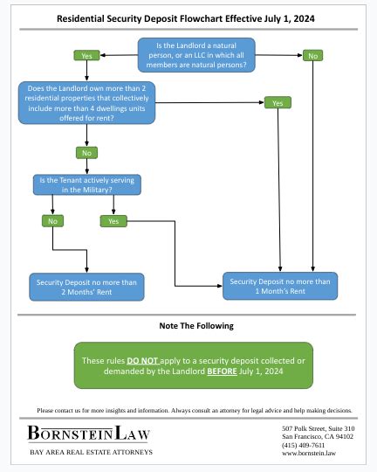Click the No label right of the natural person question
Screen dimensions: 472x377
tap(312, 56)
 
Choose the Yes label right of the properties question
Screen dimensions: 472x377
tap(278, 103)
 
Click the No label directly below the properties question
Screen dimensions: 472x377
tap(86, 152)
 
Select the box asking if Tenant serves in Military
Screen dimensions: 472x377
tap(86, 184)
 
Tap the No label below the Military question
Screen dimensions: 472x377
tap(51, 221)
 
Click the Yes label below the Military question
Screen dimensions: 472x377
tap(113, 221)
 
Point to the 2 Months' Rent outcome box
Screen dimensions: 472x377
tap(86, 287)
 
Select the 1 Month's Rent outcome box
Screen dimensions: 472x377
tap(280, 286)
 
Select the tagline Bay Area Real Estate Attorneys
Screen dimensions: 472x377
tap(91, 452)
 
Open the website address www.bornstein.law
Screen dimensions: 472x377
tap(309, 455)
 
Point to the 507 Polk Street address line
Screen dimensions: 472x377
tap(318, 427)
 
